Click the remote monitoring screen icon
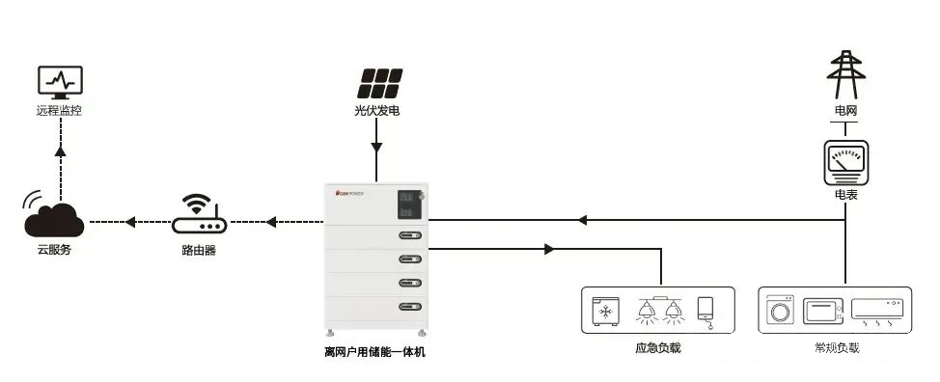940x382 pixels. (x=59, y=82)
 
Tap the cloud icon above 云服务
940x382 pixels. (x=55, y=219)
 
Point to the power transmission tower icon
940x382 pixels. (x=844, y=74)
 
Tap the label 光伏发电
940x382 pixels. (x=376, y=111)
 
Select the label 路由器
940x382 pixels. (x=198, y=250)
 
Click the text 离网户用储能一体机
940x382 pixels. (x=374, y=352)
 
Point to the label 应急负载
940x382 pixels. (x=658, y=347)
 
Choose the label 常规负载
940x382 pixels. (x=836, y=347)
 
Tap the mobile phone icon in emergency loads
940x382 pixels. (x=706, y=310)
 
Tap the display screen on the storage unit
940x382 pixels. (x=407, y=203)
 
